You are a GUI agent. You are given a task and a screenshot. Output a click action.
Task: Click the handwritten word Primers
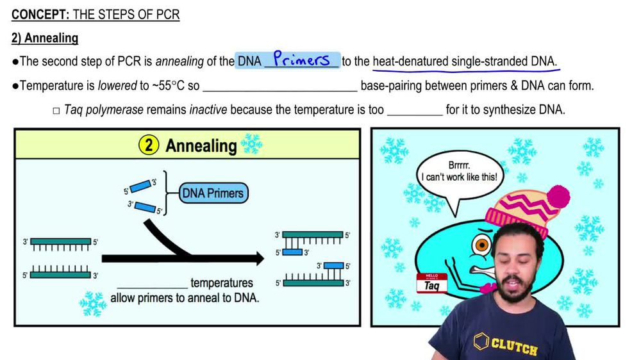click(x=301, y=60)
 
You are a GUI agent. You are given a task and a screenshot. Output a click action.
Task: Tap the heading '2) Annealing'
click(x=45, y=38)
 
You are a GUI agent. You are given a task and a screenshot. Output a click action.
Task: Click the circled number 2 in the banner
click(x=148, y=145)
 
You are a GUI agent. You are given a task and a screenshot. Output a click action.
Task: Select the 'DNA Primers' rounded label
click(x=212, y=192)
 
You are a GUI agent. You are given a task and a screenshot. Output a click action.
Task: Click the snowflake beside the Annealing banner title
click(x=251, y=145)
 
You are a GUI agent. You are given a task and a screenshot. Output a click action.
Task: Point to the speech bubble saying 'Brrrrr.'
click(x=458, y=171)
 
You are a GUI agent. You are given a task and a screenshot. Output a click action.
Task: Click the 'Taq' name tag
click(x=433, y=283)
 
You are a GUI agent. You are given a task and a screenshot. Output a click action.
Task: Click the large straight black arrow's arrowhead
click(x=256, y=259)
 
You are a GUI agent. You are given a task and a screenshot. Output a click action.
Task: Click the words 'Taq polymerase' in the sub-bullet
click(x=104, y=110)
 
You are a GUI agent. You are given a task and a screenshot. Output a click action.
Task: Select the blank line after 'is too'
click(x=414, y=111)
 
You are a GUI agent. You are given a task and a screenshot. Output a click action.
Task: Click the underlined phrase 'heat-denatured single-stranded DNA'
click(x=464, y=61)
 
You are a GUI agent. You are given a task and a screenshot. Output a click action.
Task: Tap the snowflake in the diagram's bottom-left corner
click(x=93, y=304)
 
